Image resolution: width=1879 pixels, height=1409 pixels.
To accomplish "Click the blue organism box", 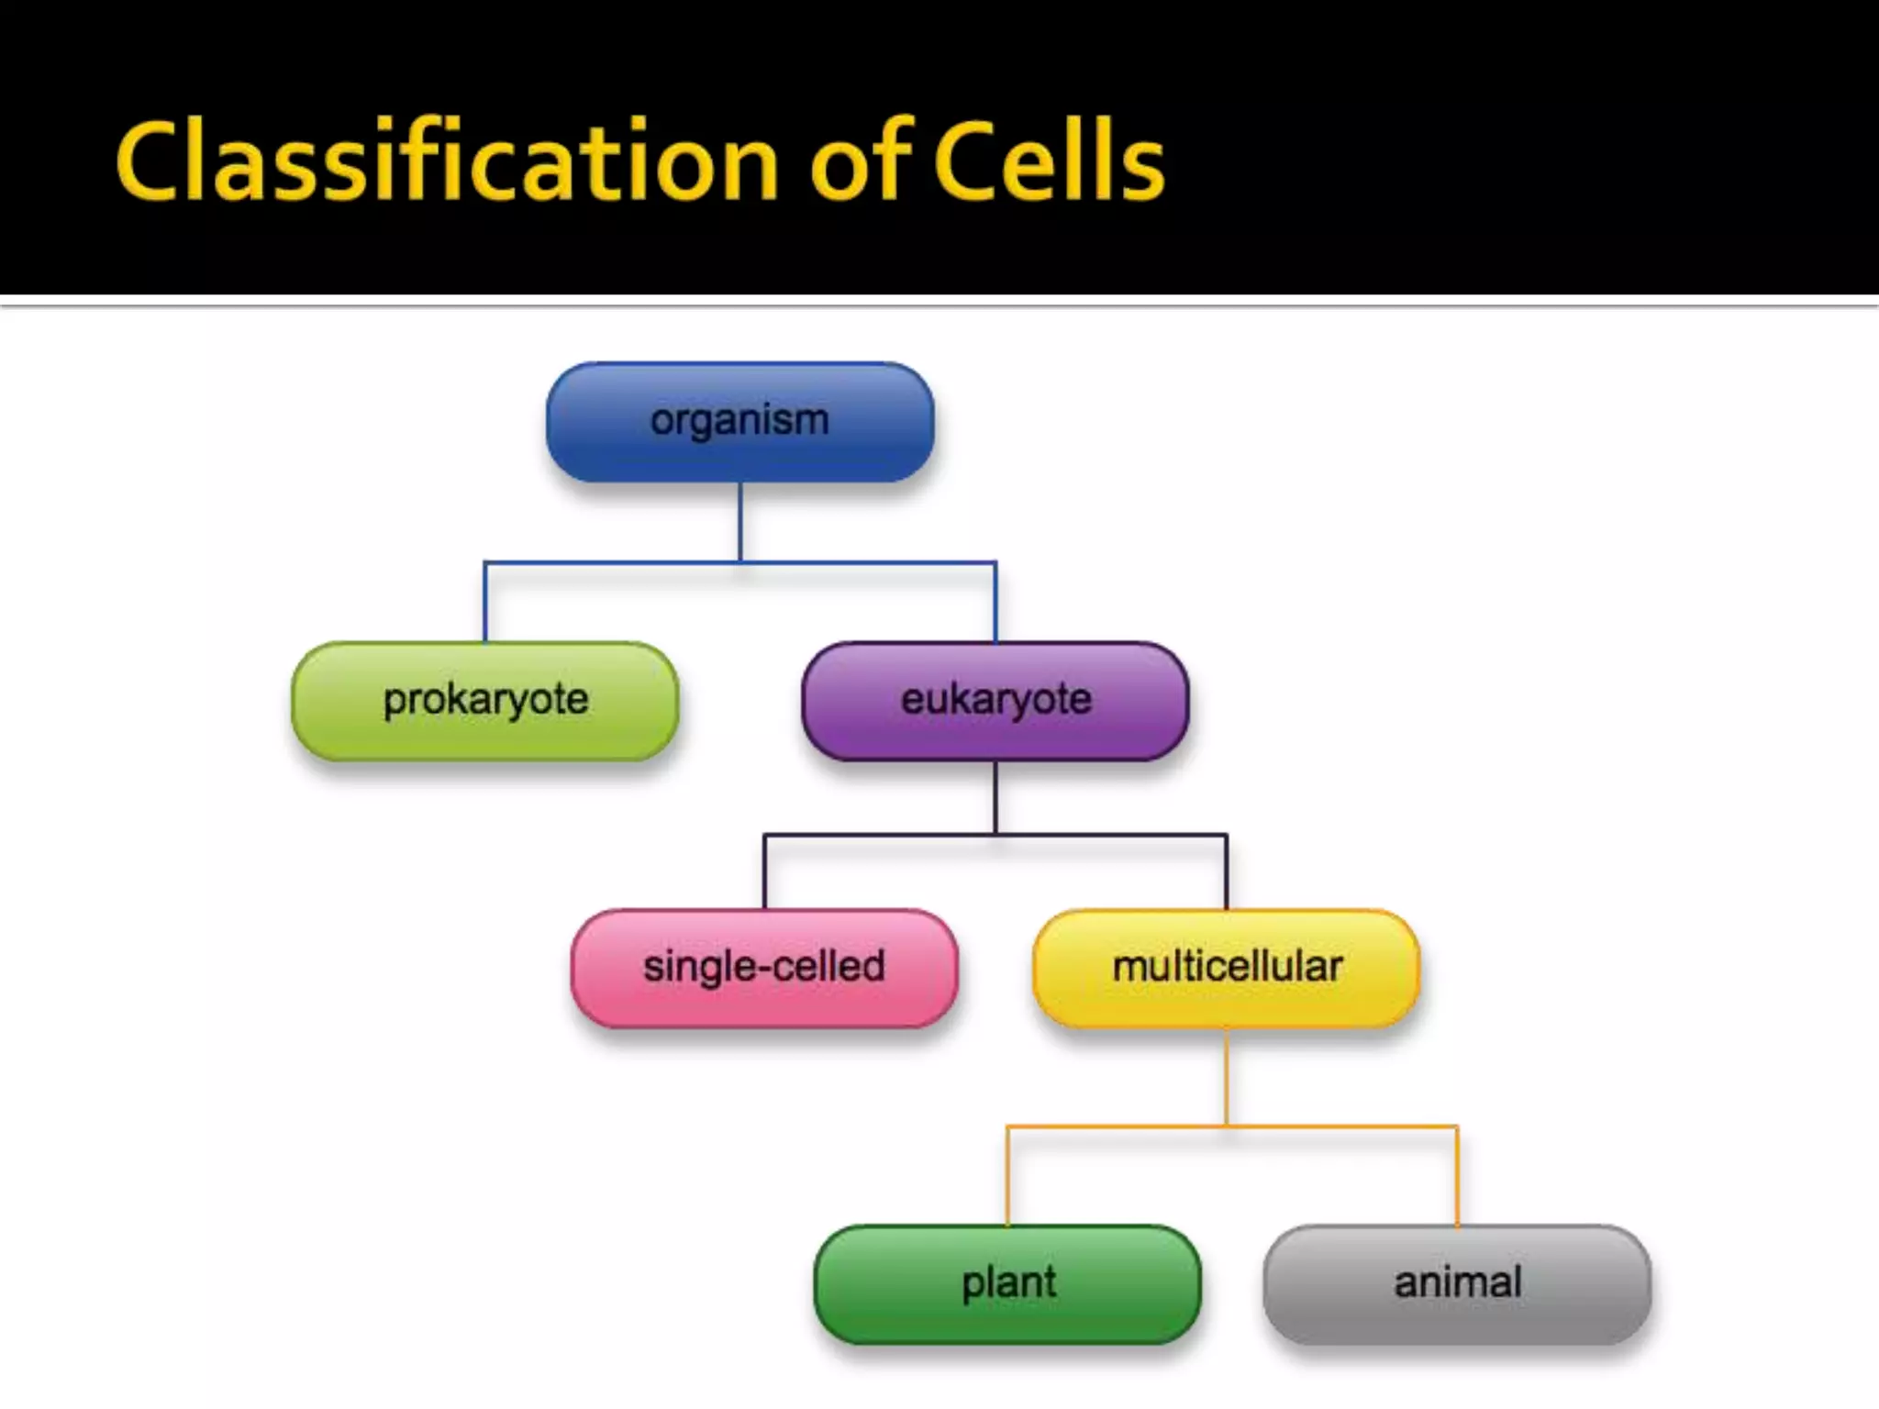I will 739,422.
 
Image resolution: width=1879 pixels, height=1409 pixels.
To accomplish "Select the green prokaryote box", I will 484,701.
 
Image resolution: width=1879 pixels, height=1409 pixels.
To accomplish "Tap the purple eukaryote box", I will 995,701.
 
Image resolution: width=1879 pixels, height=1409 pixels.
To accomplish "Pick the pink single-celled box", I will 764,968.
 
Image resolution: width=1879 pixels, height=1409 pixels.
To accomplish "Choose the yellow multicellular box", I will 1227,968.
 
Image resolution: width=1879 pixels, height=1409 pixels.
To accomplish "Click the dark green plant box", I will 1007,1283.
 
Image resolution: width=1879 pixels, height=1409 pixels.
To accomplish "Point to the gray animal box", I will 1457,1283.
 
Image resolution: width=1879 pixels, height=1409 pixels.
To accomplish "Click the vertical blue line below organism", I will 740,521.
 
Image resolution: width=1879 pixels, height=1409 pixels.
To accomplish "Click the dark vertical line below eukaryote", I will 995,796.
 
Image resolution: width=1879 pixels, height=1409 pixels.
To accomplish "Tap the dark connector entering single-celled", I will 765,872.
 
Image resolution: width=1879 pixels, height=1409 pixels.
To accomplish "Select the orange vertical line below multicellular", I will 1227,1075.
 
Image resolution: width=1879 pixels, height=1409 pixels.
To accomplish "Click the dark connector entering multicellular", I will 1226,872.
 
